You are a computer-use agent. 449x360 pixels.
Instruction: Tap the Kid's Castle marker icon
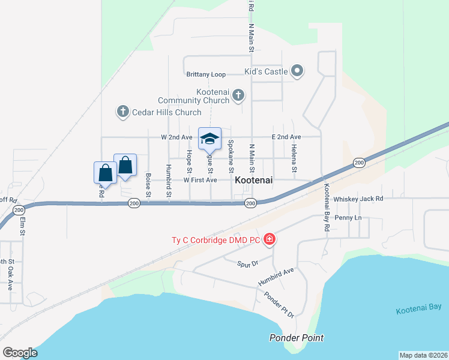tap(297, 71)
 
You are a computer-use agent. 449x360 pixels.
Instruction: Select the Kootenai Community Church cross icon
tap(238, 95)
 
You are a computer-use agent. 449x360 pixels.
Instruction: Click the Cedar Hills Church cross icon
tap(123, 112)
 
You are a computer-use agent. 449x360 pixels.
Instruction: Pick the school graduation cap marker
tap(209, 139)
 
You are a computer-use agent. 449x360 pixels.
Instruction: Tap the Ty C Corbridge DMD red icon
tap(270, 240)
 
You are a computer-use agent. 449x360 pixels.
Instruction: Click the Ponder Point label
tap(297, 337)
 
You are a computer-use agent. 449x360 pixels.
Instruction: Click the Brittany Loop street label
tap(206, 74)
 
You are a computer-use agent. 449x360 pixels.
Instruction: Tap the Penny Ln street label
tap(348, 217)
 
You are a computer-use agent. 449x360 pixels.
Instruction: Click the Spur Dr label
tap(247, 263)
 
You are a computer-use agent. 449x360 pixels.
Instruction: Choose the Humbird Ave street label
tap(276, 277)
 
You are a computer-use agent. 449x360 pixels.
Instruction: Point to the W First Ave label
tap(200, 180)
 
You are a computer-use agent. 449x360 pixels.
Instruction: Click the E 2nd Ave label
tap(286, 137)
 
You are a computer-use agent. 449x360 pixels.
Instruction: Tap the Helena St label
tap(294, 158)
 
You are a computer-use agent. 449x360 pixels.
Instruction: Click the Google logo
tap(20, 353)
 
